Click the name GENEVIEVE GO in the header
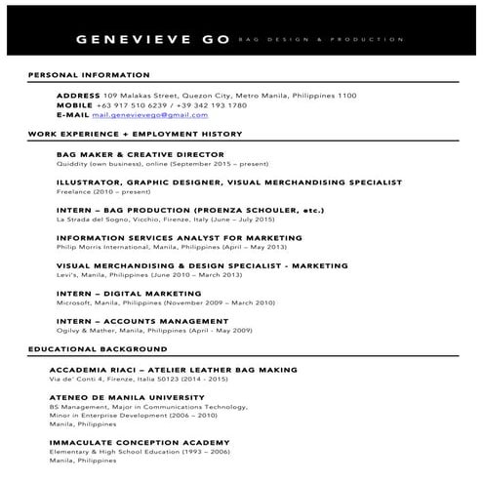pyautogui.click(x=152, y=40)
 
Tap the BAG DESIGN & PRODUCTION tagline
pyautogui.click(x=320, y=40)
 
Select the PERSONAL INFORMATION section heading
pyautogui.click(x=89, y=75)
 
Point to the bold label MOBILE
pyautogui.click(x=74, y=104)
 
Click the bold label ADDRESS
pyautogui.click(x=78, y=96)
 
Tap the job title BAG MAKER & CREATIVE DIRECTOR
pyautogui.click(x=140, y=154)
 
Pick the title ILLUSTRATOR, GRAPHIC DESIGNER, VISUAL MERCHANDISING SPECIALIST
pyautogui.click(x=228, y=181)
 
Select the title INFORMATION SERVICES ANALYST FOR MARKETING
pyautogui.click(x=179, y=237)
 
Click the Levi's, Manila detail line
pyautogui.click(x=149, y=275)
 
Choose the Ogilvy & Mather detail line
pyautogui.click(x=154, y=331)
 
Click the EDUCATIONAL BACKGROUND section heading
pyautogui.click(x=98, y=348)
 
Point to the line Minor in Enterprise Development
pyautogui.click(x=134, y=416)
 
